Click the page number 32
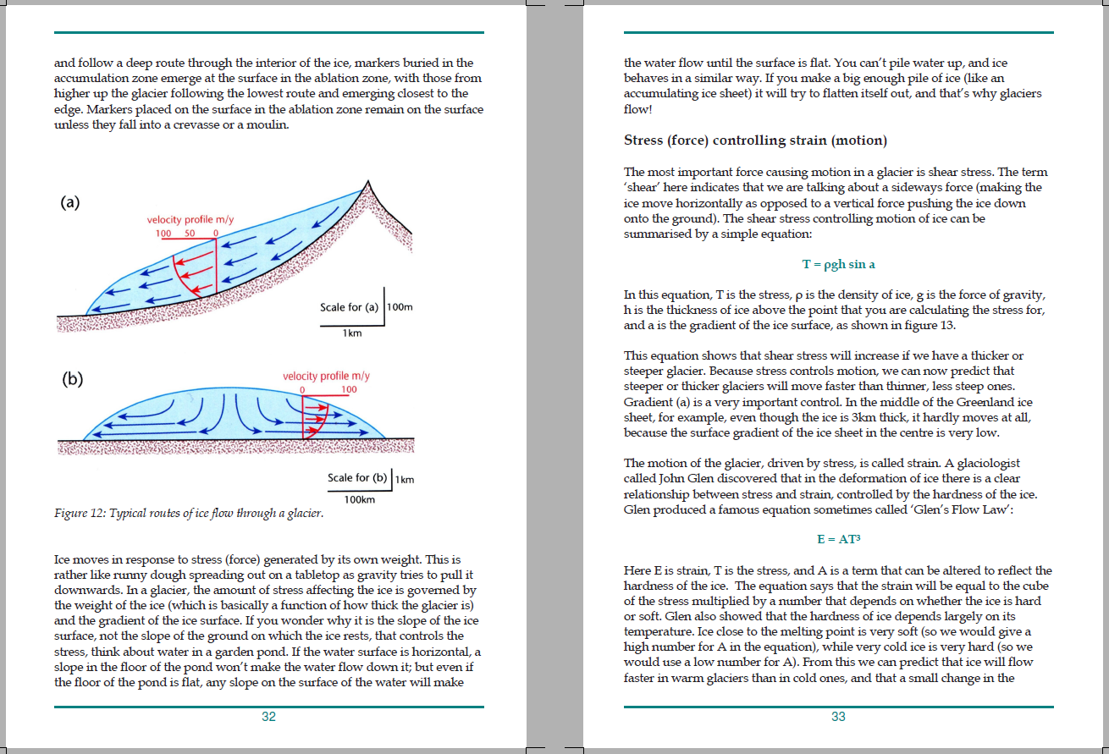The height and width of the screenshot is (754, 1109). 268,717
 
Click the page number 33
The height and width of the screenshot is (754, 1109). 838,717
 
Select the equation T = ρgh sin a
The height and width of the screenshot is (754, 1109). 838,264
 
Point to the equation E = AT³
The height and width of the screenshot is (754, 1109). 838,539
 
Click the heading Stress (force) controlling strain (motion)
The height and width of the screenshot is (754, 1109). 755,140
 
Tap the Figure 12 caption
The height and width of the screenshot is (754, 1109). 188,513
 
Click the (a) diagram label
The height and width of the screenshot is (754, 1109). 70,202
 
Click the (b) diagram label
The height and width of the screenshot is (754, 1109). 74,379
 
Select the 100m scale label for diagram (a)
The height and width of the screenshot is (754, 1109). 400,307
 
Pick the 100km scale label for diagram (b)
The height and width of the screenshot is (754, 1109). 360,500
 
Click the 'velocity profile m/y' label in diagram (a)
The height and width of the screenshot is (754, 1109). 190,220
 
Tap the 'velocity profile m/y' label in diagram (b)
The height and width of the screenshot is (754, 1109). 326,376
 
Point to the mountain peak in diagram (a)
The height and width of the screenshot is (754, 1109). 368,183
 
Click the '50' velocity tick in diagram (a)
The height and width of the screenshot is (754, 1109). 190,233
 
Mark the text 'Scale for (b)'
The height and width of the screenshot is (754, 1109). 358,478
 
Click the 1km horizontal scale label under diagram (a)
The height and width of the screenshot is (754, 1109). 352,333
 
